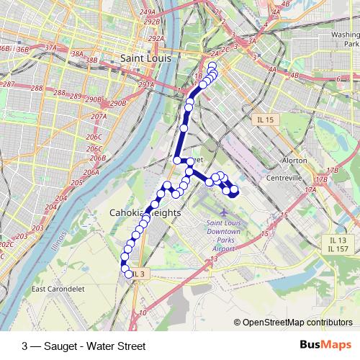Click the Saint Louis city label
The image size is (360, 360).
click(x=145, y=58)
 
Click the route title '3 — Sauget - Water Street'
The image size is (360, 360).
click(x=84, y=346)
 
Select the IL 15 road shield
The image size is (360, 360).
click(x=265, y=120)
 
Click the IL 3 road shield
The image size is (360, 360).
click(x=138, y=274)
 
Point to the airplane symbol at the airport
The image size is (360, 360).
click(x=222, y=214)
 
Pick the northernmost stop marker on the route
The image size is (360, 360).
click(x=212, y=66)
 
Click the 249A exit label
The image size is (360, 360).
click(x=148, y=12)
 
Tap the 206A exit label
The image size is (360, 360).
click(x=91, y=173)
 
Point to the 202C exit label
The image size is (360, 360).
click(x=5, y=244)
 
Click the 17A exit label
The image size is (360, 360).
click(x=310, y=189)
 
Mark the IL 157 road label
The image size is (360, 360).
click(x=337, y=249)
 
